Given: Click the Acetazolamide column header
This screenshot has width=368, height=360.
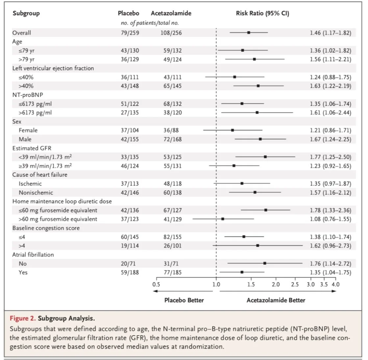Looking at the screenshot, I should tap(171, 13).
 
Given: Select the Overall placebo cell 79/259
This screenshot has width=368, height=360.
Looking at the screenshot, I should tap(130, 33).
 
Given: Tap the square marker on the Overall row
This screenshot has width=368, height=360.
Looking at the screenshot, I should tap(249, 33).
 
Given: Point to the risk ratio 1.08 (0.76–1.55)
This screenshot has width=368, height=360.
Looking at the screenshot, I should tap(330, 219).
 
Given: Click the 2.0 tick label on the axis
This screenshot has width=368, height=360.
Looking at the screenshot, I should tap(276, 284).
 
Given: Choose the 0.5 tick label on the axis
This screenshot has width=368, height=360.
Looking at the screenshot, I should tap(156, 284).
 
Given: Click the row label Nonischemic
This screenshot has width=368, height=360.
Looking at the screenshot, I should tap(36, 192).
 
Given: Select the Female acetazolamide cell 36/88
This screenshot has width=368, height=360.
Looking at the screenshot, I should tap(171, 130).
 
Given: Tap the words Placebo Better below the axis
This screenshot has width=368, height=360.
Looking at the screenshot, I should tap(184, 300).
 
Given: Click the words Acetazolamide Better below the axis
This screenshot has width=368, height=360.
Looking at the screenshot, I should tap(276, 300).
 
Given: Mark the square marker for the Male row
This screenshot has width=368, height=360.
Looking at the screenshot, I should tap(260, 139).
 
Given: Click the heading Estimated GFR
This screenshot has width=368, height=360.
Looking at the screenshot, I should tap(32, 148).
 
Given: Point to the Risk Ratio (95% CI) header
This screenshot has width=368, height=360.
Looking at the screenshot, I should tap(262, 13).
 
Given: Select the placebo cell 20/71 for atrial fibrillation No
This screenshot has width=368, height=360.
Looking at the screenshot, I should tap(130, 263).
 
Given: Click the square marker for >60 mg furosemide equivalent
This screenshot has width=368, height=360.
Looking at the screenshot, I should tap(223, 219).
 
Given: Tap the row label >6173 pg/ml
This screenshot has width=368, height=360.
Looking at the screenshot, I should tap(35, 113).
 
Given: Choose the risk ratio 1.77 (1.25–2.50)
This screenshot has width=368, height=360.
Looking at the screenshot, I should tap(330, 157).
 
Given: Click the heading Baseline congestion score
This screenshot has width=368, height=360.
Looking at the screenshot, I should tap(46, 228).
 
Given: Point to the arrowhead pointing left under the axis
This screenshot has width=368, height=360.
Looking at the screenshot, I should tap(155, 291).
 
